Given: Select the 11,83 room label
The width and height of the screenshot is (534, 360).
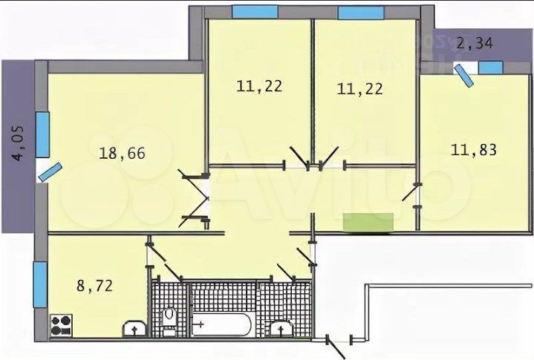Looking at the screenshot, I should [x=473, y=149].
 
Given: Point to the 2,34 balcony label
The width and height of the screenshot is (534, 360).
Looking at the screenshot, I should [x=473, y=42].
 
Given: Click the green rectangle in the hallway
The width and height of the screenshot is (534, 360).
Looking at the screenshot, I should [x=368, y=221].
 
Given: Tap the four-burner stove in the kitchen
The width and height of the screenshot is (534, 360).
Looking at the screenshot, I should [x=62, y=324].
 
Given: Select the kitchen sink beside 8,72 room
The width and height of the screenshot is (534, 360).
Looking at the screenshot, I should [x=133, y=327].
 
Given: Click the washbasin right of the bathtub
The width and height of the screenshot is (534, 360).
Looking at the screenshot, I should [x=280, y=327].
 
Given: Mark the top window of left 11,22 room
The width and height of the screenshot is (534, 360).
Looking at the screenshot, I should [x=254, y=12].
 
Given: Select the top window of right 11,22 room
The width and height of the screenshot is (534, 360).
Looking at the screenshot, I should [x=360, y=12].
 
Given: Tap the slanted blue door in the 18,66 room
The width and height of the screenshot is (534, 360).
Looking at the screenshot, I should [x=48, y=171].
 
